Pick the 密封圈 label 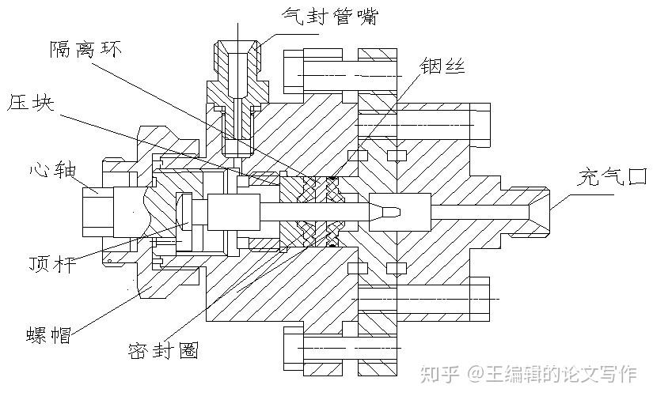point(163,348)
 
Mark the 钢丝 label point(445,67)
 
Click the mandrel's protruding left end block point(97,212)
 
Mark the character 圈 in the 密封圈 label point(188,348)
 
